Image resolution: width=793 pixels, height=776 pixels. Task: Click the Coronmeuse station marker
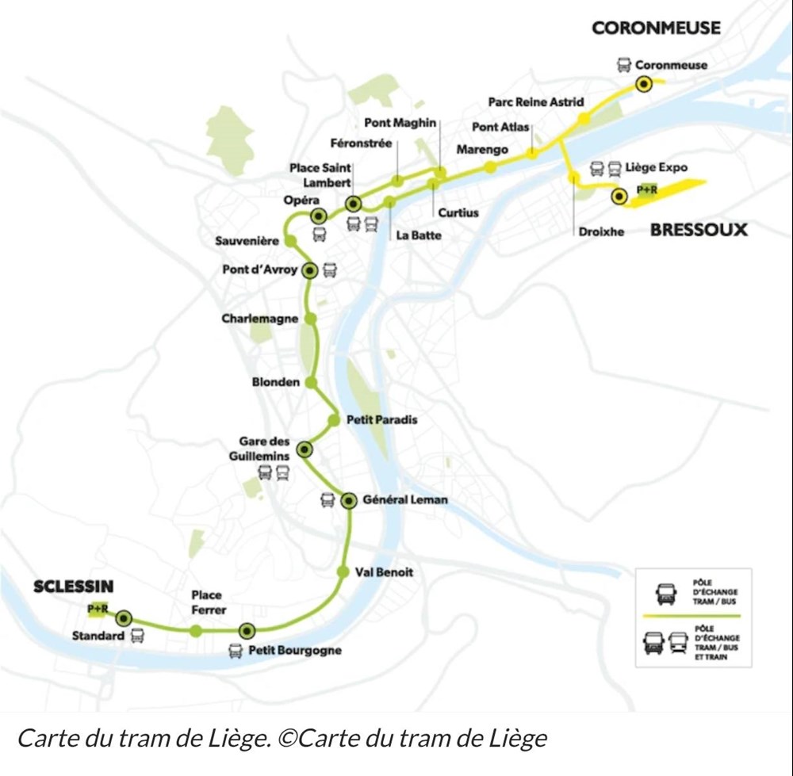[x=643, y=84]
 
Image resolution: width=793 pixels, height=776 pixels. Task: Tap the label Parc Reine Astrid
[x=535, y=102]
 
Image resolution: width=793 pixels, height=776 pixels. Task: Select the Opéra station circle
[x=319, y=216]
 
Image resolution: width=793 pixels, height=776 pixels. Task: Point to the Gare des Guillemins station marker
[x=304, y=450]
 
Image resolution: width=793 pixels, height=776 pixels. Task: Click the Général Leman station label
[x=404, y=500]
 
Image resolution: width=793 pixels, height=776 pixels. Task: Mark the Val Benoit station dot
[x=343, y=571]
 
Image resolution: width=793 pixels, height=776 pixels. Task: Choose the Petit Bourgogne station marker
[x=247, y=631]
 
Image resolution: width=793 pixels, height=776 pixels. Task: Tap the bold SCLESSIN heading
[x=73, y=587]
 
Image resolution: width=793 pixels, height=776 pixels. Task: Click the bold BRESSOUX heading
[x=699, y=230]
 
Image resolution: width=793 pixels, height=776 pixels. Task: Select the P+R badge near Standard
[x=98, y=609]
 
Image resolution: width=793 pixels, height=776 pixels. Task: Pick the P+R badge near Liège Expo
[x=646, y=190]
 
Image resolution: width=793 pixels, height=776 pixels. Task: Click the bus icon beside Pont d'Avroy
[x=330, y=270]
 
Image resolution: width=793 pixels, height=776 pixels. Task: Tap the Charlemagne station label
[x=260, y=319]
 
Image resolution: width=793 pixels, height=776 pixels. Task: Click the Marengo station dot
[x=490, y=166]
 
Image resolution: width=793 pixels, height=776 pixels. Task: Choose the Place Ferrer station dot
[x=195, y=630]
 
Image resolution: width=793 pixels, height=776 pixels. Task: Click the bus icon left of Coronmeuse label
[x=624, y=66]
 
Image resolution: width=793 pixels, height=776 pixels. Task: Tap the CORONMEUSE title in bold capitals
[x=656, y=28]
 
